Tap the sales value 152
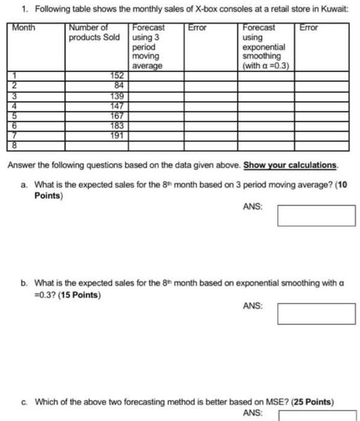[117, 75]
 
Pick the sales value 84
[119, 85]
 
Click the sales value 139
[117, 96]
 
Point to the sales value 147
[117, 106]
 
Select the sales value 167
[117, 116]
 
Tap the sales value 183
[117, 126]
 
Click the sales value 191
[117, 136]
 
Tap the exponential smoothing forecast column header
[264, 47]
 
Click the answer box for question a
[316, 215]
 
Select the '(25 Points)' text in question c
[312, 401]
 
